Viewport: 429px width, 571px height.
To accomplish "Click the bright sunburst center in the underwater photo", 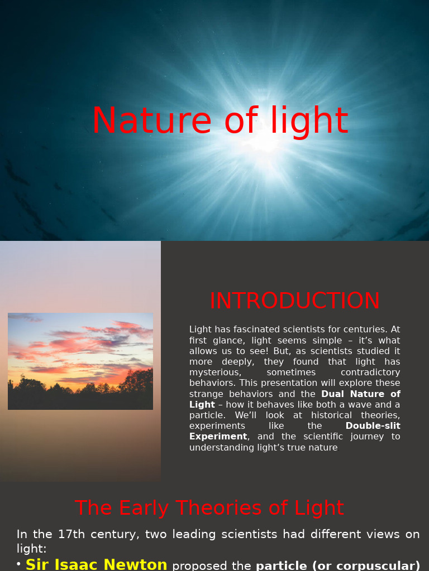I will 267,139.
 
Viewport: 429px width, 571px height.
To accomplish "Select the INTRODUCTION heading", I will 294,301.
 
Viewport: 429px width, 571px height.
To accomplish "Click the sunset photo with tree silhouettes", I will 80,361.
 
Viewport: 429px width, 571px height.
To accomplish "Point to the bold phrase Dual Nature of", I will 361,394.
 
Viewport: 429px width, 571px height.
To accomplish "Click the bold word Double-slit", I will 373,426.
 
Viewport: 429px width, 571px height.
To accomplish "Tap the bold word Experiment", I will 218,437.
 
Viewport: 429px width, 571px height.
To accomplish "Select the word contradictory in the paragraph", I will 370,372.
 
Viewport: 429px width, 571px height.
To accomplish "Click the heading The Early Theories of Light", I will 209,508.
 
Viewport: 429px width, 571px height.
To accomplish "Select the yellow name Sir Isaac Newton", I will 96,565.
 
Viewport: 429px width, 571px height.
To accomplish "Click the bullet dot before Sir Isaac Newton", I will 19,564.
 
